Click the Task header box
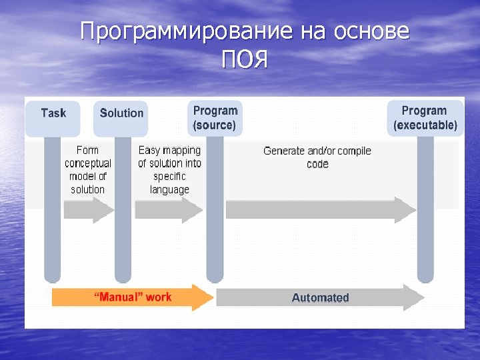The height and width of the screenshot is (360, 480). coord(53,113)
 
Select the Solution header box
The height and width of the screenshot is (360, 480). coord(121,113)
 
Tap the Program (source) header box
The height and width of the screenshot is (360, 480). coord(214,118)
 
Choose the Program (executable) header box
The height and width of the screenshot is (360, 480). coord(425,118)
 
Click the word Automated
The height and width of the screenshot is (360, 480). coord(320,297)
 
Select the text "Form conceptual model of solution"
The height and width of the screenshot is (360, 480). coord(87,170)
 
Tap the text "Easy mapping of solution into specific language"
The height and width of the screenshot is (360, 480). coord(169,170)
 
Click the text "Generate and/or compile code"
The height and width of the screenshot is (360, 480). coord(317,157)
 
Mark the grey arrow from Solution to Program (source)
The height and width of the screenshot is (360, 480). coord(168,210)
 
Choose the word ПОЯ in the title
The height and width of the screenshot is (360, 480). coord(245,61)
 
